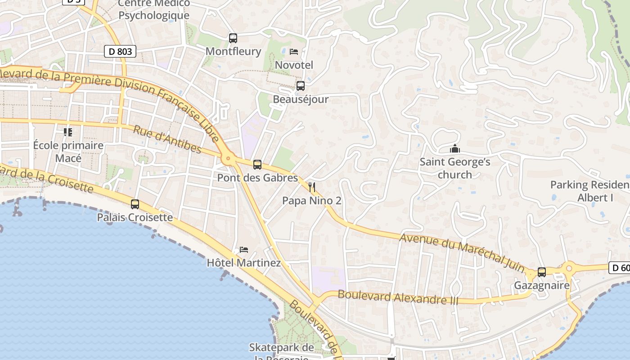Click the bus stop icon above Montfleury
[233, 38]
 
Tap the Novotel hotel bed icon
[294, 52]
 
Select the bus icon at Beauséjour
[300, 85]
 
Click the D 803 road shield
[121, 51]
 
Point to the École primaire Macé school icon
[68, 132]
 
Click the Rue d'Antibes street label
[167, 139]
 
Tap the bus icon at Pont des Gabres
[257, 165]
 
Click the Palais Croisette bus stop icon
[135, 204]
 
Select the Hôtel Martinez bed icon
[243, 249]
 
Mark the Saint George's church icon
[455, 148]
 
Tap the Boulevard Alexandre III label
[398, 297]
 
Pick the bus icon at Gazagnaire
[542, 272]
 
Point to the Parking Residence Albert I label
[589, 191]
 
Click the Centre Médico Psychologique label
[154, 9]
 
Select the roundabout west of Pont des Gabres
[228, 158]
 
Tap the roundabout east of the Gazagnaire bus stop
[568, 269]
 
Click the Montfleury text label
[233, 51]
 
